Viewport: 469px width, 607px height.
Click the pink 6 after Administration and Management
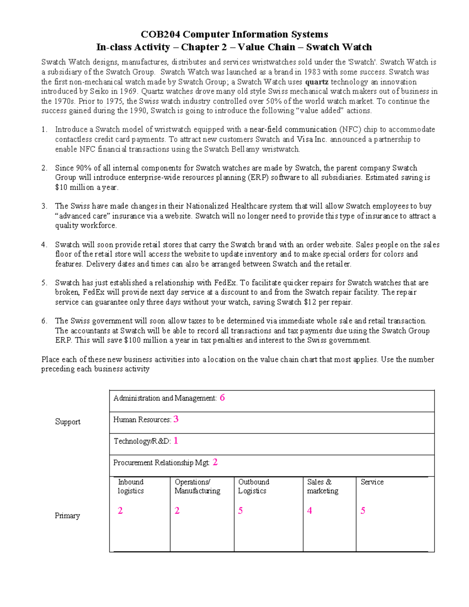pyautogui.click(x=222, y=398)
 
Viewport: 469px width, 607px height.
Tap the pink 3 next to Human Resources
pyautogui.click(x=176, y=419)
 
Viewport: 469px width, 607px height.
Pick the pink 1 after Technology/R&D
pyautogui.click(x=176, y=441)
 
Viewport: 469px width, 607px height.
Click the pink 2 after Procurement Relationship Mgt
pyautogui.click(x=215, y=462)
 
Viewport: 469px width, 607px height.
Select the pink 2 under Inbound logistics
pyautogui.click(x=120, y=510)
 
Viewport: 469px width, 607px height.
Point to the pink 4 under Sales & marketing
pyautogui.click(x=310, y=510)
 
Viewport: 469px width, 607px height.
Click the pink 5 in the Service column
pyautogui.click(x=363, y=510)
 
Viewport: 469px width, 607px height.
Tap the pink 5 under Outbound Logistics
pyautogui.click(x=240, y=510)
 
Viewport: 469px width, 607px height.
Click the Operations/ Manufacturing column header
pyautogui.click(x=197, y=486)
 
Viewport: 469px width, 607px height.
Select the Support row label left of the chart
pyautogui.click(x=68, y=422)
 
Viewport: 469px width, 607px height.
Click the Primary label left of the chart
pyautogui.click(x=67, y=516)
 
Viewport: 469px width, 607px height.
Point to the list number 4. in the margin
pyautogui.click(x=45, y=245)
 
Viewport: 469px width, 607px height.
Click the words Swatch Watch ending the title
pyautogui.click(x=339, y=47)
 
